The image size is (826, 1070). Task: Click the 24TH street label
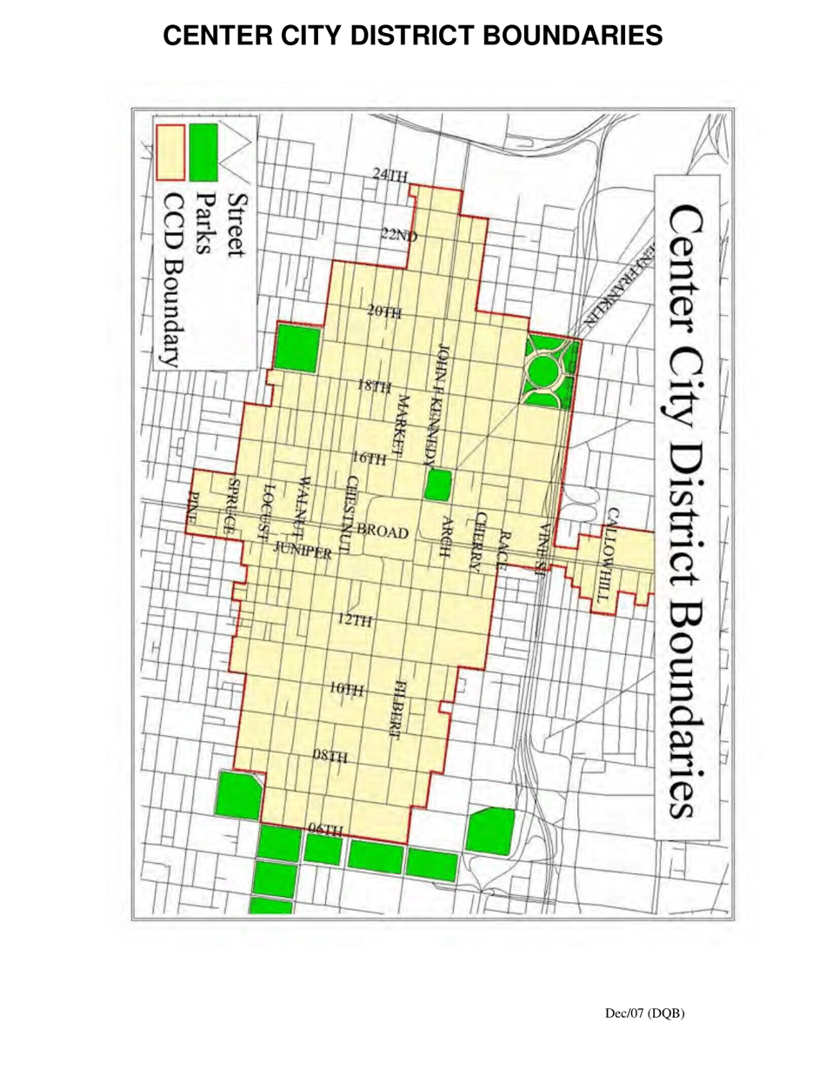pos(390,176)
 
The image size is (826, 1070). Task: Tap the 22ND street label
pos(399,235)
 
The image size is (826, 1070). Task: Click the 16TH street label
pos(369,458)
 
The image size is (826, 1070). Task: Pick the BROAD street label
pos(382,531)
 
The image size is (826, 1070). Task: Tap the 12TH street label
pos(354,620)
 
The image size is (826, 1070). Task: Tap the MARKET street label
pos(402,424)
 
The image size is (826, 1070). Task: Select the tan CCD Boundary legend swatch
pos(170,148)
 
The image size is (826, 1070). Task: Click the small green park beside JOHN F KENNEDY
pos(438,484)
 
